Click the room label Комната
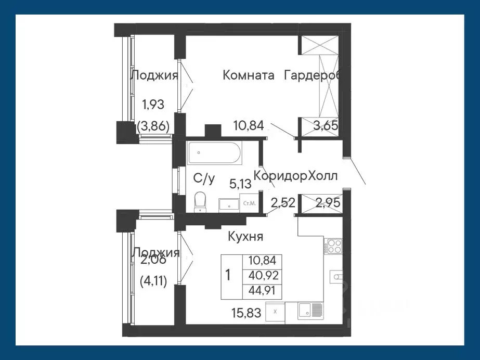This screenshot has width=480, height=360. point(248,75)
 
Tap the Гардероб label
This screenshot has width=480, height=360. point(312,75)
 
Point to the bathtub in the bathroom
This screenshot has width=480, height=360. point(214,152)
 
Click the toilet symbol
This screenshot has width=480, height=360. point(200,202)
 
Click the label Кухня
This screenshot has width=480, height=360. point(245,237)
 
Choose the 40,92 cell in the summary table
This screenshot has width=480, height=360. point(263,276)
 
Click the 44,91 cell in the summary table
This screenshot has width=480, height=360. point(263,291)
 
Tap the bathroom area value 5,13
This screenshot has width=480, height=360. point(240,183)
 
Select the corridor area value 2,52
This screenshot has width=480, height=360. point(281,202)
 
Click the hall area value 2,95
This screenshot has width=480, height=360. point(328,202)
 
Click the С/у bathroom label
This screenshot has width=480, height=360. point(204,178)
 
